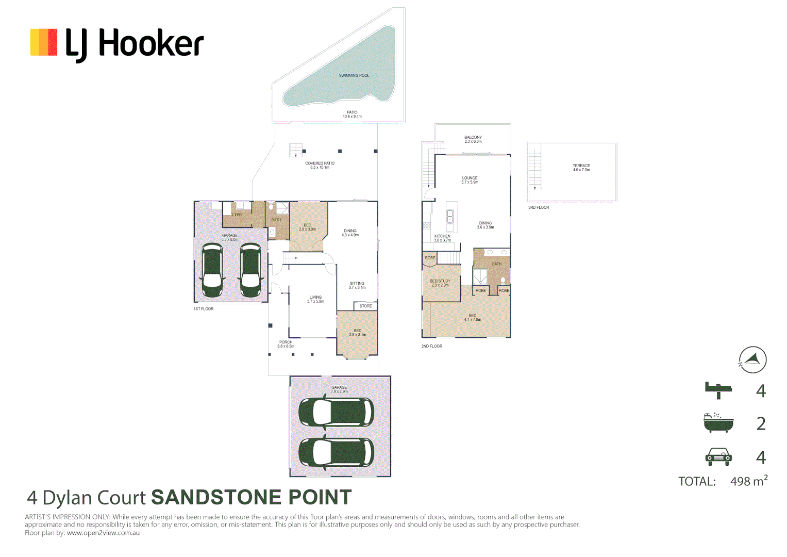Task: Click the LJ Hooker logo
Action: pos(117,43)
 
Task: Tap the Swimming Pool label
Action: pos(354,76)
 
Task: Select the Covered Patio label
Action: pos(320,165)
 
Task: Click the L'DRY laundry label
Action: pos(237,215)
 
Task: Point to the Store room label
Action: pos(365,306)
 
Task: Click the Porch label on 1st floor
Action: pos(286,344)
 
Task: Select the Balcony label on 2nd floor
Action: pos(473,139)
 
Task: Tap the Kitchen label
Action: pos(442,238)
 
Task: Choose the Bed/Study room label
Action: pos(440,283)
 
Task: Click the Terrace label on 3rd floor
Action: pos(581,168)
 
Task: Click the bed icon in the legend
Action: pos(718,390)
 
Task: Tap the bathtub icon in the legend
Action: pos(718,423)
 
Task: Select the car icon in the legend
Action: pos(718,456)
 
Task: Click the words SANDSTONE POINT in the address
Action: pos(251,498)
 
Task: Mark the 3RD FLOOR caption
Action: pos(539,207)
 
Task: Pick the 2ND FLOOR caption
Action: pos(431,346)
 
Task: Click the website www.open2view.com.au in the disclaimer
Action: pos(103,533)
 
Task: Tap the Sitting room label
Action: pos(357,285)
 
